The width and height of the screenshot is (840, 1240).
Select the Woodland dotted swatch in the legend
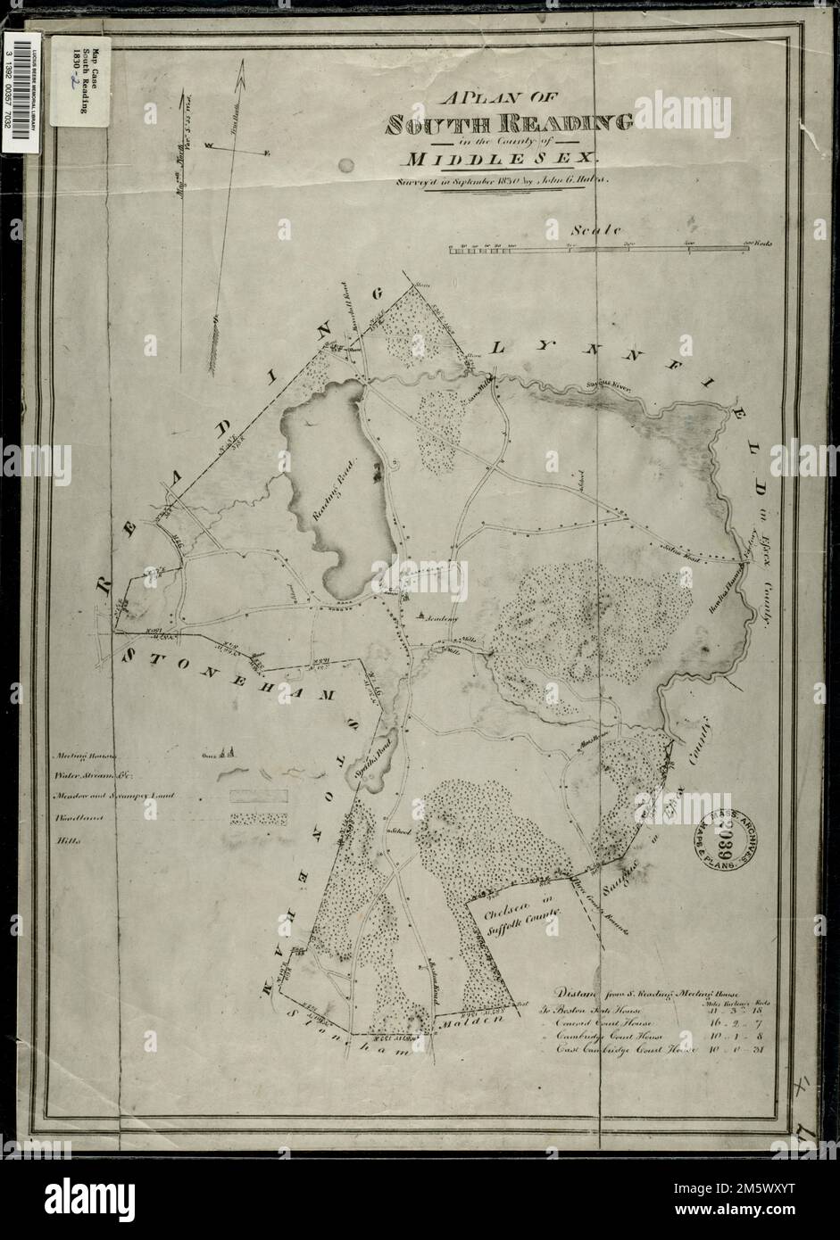tap(259, 817)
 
